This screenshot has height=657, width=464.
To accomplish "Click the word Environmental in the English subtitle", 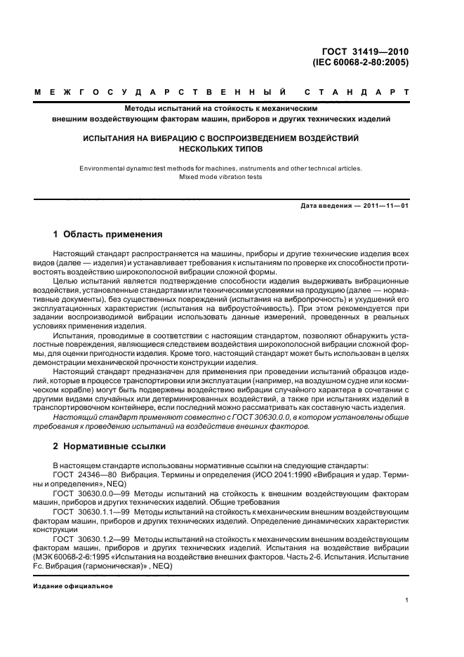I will (x=105, y=168).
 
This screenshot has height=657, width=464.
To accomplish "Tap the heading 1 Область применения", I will (x=108, y=234).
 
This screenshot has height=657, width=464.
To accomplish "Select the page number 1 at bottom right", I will (x=406, y=600).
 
